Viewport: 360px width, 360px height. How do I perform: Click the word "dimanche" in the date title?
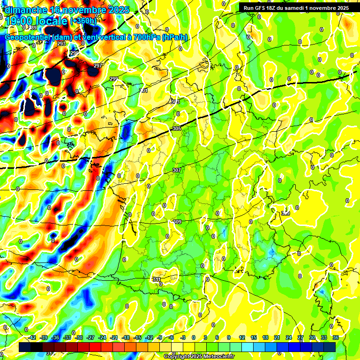pyautogui.click(x=25, y=10)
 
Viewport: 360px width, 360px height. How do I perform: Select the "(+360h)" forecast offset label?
pyautogui.click(x=83, y=21)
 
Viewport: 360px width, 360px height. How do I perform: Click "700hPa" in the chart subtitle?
pyautogui.click(x=142, y=37)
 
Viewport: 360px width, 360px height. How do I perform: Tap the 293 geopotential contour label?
pyautogui.click(x=61, y=44)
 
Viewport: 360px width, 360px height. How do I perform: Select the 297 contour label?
pyautogui.click(x=98, y=66)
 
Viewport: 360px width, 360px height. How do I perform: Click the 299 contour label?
pyautogui.click(x=114, y=79)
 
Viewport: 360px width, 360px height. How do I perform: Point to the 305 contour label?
pyautogui.click(x=177, y=128)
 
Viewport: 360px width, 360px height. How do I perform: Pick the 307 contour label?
pyautogui.click(x=177, y=170)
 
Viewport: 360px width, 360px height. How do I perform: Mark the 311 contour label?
pyautogui.click(x=157, y=280)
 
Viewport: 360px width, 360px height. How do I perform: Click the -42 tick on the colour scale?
pyautogui.click(x=32, y=337)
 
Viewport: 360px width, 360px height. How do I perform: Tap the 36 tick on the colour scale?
pyautogui.click(x=336, y=337)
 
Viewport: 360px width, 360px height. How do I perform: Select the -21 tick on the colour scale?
pyautogui.click(x=114, y=337)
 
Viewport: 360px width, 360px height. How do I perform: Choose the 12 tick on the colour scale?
pyautogui.click(x=242, y=337)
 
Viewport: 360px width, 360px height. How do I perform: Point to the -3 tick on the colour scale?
pyautogui.click(x=183, y=337)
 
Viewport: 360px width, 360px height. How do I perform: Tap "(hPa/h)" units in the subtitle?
pyautogui.click(x=175, y=37)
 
